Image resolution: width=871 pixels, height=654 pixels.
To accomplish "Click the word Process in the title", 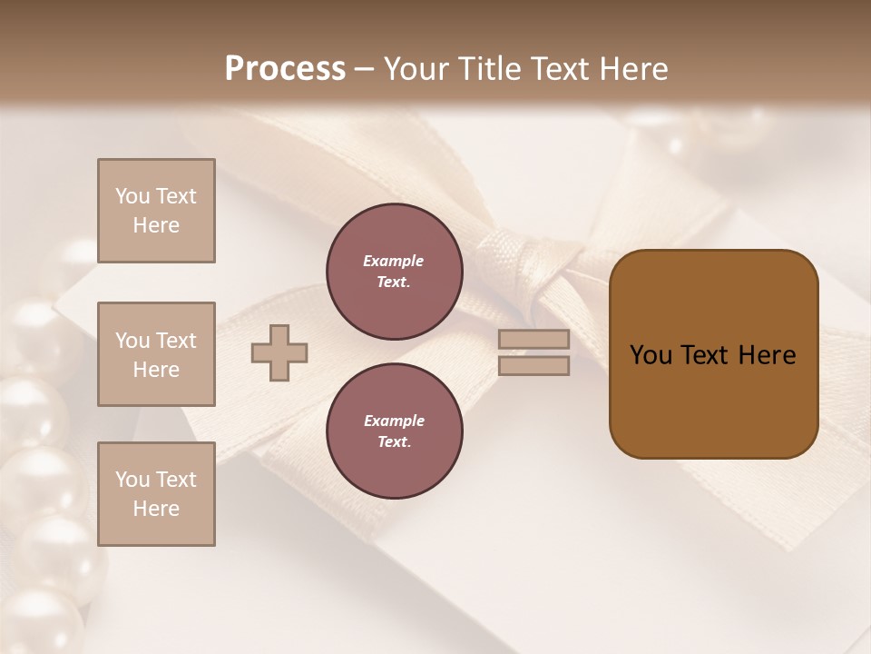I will point(285,69).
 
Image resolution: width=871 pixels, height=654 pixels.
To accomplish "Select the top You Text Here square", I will point(156,211).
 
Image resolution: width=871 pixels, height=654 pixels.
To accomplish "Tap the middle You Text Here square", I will point(156,354).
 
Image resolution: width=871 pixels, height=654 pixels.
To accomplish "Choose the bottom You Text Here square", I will point(156,493).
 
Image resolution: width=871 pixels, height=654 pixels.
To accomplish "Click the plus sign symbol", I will point(279,353).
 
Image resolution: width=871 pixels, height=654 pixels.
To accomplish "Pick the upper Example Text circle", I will point(394,272).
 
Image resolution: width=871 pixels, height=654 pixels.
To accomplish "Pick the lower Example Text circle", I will point(394,431).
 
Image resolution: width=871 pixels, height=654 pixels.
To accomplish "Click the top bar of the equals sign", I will point(534,339).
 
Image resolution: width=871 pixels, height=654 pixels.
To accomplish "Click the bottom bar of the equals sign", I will point(534,366).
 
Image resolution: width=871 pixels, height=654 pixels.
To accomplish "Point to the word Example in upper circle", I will point(394,261).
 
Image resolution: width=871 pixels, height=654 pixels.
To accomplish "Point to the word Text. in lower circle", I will point(394,442).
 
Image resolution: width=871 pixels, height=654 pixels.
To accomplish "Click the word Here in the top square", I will point(156,225).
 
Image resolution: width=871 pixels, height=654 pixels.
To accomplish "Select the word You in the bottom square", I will point(132,480).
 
